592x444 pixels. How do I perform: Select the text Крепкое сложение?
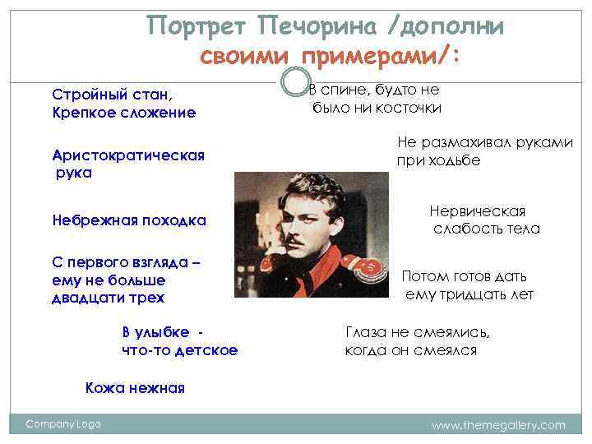pos(123,112)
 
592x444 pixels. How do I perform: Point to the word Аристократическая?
pos(127,155)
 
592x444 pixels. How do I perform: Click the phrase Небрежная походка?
pos(128,220)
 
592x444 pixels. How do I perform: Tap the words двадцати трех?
pos(108,298)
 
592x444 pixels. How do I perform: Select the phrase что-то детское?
pos(179,350)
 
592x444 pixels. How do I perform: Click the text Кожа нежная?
pos(135,388)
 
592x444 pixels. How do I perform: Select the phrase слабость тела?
pos(487,229)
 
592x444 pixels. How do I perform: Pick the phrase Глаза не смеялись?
pos(417,333)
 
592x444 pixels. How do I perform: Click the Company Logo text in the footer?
pos(63,424)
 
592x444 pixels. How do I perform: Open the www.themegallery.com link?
pos(498,425)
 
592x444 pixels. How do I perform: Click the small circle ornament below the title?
pos(294,81)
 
